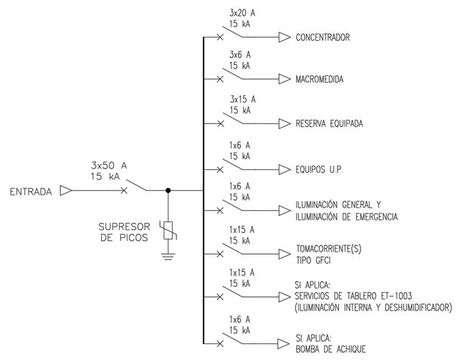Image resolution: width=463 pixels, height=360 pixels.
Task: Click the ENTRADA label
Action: pyautogui.click(x=29, y=191)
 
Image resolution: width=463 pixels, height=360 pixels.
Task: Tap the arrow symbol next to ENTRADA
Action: pyautogui.click(x=65, y=191)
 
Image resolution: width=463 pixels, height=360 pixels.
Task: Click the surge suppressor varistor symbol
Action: pyautogui.click(x=168, y=230)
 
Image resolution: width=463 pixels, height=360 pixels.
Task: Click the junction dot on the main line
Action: pyautogui.click(x=168, y=191)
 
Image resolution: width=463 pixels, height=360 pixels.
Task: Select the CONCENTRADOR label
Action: pyautogui.click(x=323, y=37)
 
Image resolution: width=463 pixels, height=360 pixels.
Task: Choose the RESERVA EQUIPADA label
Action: pyautogui.click(x=329, y=123)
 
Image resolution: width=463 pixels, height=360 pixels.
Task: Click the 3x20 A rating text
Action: pyautogui.click(x=242, y=14)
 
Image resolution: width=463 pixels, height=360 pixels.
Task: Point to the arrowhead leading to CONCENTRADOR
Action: pyautogui.click(x=285, y=37)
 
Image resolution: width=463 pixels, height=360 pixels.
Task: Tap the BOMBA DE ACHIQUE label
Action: pyautogui.click(x=330, y=349)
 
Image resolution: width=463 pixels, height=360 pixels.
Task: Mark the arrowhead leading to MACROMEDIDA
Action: pyautogui.click(x=285, y=78)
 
